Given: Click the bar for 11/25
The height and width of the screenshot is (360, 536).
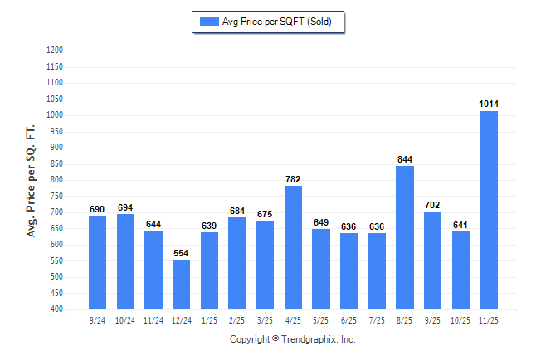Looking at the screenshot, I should [489, 210].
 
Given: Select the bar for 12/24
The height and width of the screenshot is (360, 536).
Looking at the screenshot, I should [182, 285].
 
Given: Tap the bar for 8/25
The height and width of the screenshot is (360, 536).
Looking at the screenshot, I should [405, 237].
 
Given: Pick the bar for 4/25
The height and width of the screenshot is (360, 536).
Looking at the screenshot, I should [293, 247].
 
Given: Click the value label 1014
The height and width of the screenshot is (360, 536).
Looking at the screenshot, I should [489, 104].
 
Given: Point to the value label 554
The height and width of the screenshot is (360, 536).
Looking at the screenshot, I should [182, 252].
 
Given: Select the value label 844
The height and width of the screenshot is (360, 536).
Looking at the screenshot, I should [405, 159].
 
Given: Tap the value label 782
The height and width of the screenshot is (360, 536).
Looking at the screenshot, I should [293, 179].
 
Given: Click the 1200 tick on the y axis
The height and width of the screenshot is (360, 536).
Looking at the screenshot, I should [56, 51].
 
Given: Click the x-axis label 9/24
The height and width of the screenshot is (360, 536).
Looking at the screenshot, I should [98, 319].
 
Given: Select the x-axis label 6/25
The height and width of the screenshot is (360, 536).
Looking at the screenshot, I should [348, 319].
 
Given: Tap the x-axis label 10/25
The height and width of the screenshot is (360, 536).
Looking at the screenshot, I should [460, 319].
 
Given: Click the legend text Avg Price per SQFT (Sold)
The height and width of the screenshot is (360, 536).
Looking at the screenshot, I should [277, 22].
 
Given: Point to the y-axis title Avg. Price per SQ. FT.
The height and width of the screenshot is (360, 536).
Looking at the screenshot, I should [32, 182].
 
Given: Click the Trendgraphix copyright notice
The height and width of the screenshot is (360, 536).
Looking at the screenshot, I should [292, 339].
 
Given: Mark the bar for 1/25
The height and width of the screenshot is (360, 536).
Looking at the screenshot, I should [209, 270].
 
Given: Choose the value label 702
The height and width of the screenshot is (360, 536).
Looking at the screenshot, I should [432, 205].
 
